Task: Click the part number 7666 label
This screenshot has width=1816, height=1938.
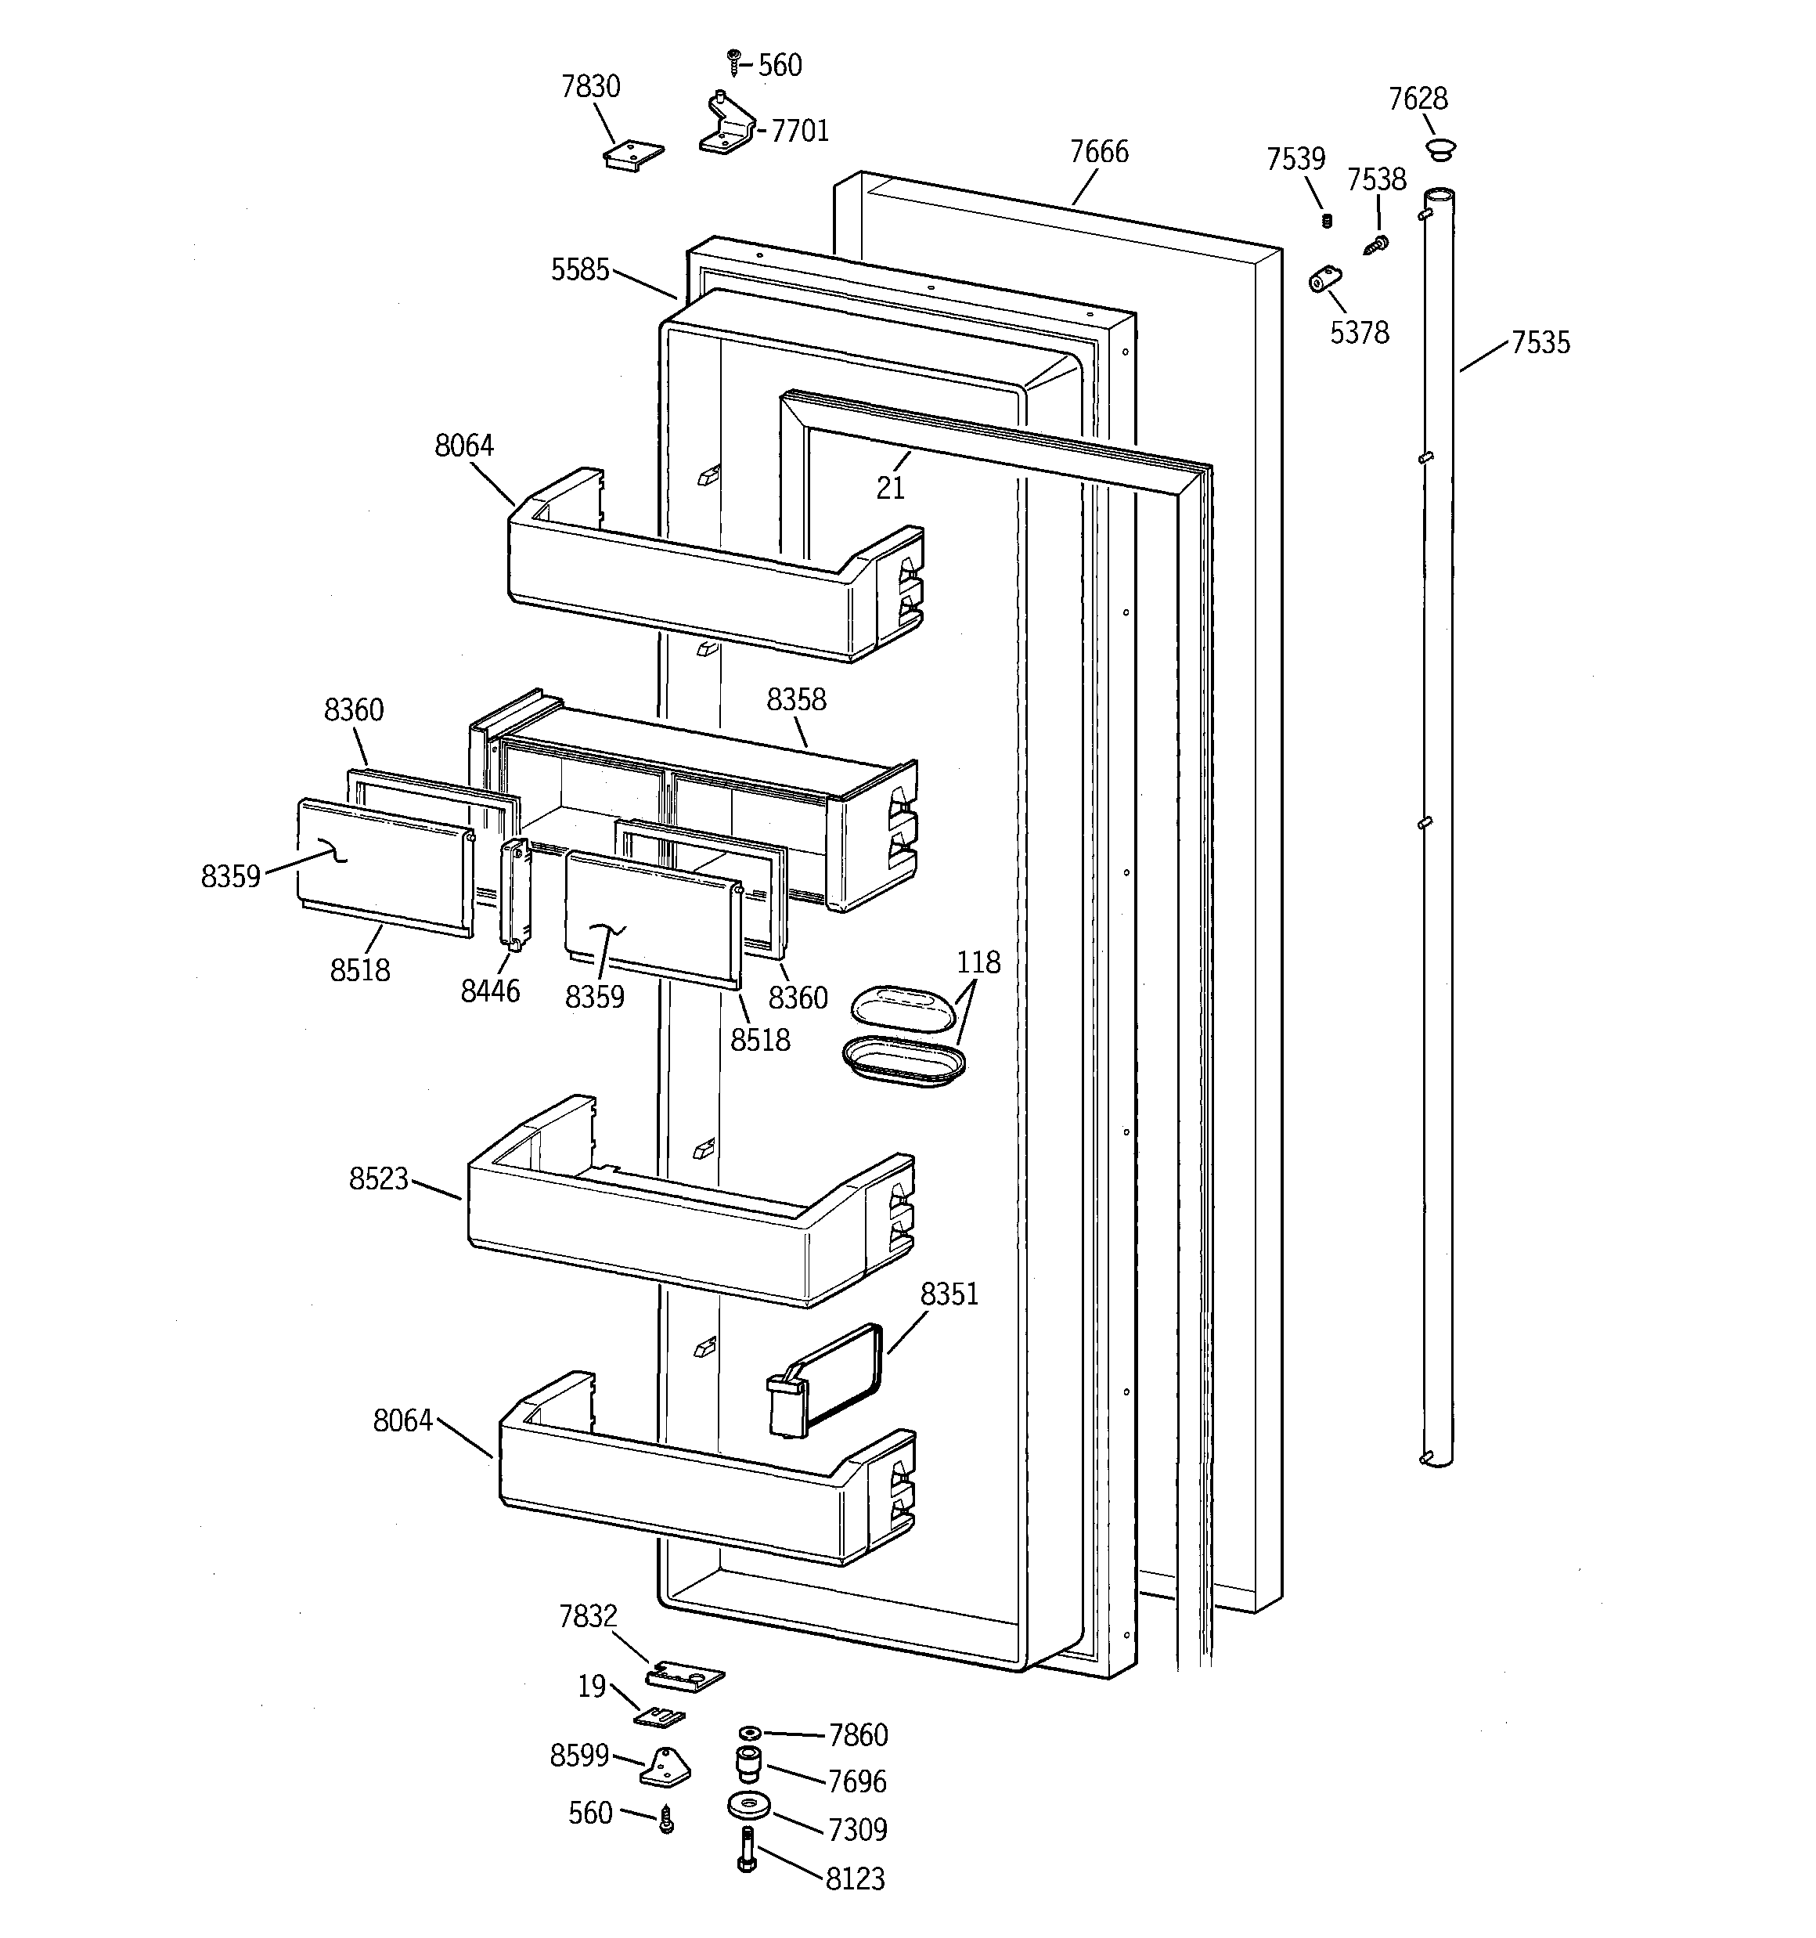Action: click(1098, 152)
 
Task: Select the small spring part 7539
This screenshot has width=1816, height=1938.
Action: click(1326, 222)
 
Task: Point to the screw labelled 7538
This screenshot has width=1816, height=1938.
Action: click(1378, 244)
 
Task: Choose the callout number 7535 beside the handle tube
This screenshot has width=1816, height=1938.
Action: click(1540, 343)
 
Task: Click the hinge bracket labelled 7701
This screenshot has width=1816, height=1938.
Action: click(726, 127)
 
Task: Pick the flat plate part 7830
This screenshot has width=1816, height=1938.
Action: click(632, 156)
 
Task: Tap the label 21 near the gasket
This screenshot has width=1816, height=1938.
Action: click(890, 487)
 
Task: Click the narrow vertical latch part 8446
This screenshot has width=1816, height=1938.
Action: click(515, 893)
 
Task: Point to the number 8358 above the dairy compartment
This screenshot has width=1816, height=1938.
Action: click(795, 700)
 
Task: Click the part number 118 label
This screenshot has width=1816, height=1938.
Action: click(978, 963)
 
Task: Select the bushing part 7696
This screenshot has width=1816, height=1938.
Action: click(747, 1763)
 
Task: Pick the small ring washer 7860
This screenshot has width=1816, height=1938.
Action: click(748, 1732)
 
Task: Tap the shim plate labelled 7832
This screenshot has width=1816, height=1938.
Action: click(685, 1676)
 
